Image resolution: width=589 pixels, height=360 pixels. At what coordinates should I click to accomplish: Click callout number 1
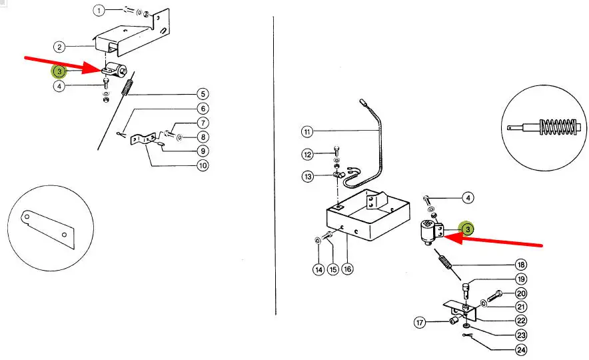99,10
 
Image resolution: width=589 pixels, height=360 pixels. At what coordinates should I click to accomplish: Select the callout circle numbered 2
59,47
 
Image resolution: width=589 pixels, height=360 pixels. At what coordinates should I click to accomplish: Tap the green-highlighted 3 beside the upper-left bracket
59,71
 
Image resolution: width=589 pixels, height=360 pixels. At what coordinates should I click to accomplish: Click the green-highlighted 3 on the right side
468,229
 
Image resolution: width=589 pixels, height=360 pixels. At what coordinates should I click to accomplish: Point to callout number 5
203,94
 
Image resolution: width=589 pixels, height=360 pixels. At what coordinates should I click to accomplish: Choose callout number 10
203,165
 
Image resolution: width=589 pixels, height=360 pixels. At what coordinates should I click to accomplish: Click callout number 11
307,131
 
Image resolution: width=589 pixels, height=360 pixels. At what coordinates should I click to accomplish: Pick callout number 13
308,176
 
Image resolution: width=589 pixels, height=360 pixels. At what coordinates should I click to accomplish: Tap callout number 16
347,269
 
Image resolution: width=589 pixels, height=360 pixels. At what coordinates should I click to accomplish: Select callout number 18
521,265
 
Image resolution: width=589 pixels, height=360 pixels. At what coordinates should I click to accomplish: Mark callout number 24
521,350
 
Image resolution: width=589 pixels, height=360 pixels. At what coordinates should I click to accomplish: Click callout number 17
420,323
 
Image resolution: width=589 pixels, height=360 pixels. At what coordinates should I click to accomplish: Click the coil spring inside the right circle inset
558,127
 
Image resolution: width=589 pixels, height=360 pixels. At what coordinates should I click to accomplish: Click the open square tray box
367,215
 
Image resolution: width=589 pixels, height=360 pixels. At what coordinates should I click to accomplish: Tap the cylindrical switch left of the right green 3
428,233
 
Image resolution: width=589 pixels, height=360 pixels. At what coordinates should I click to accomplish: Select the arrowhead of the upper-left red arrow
92,69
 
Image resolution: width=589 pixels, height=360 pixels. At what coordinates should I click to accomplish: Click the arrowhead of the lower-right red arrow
453,237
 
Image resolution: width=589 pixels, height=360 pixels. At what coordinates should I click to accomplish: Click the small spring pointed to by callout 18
445,261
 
